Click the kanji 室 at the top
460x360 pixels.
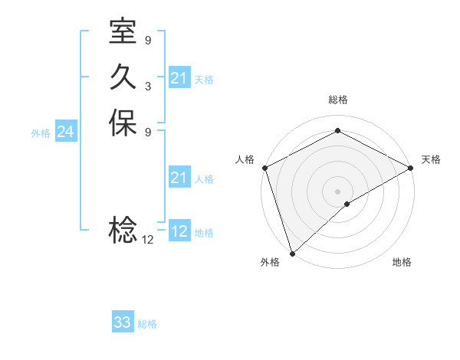[x=123, y=32]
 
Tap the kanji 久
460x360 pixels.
[x=123, y=77]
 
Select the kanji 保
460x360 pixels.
[x=123, y=123]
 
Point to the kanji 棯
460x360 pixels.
[x=123, y=229]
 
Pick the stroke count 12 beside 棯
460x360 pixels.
[x=147, y=239]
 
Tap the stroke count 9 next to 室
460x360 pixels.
[x=147, y=40]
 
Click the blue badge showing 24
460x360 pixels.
[x=65, y=132]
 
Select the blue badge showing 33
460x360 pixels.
[x=123, y=322]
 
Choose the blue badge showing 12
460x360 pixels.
[x=179, y=231]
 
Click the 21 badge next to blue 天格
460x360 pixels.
[x=179, y=78]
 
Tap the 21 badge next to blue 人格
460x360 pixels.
[x=179, y=178]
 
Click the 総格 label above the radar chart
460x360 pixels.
[x=337, y=100]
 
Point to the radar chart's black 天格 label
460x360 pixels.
[x=431, y=159]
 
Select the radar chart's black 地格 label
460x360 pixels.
[x=402, y=262]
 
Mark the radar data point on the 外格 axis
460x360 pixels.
[x=291, y=253]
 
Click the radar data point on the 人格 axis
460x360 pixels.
[x=264, y=168]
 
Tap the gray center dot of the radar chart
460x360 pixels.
[x=337, y=191]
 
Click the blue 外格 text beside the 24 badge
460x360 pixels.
[x=41, y=133]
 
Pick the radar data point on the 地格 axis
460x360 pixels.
[x=347, y=204]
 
